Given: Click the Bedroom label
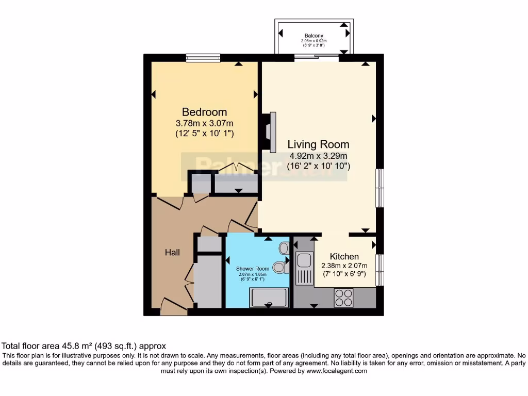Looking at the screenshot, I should [x=204, y=112].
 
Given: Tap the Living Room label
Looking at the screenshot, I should [x=318, y=144].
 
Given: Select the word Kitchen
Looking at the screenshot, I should [x=344, y=256].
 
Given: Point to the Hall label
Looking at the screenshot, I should [x=172, y=252].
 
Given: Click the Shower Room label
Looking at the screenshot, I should [x=253, y=269].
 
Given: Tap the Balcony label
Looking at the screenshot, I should [x=314, y=36].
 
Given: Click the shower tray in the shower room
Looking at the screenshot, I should [x=268, y=298].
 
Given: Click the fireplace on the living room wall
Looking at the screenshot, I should [x=270, y=131].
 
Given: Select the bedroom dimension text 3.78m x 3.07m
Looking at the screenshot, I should [x=204, y=123].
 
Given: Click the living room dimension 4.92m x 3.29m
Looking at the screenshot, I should [x=318, y=156].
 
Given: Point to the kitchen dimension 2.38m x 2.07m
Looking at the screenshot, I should [x=344, y=266].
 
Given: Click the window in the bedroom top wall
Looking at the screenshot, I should [x=203, y=57].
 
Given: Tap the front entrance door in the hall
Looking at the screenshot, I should [x=173, y=308].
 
